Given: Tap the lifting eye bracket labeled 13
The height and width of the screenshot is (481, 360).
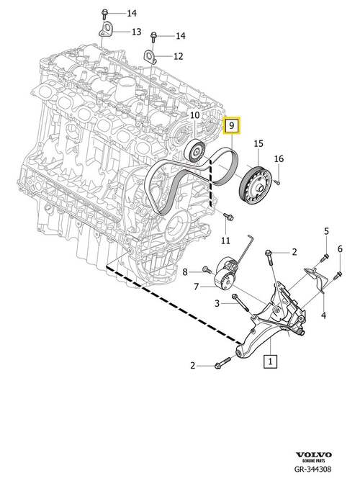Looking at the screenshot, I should [106, 30].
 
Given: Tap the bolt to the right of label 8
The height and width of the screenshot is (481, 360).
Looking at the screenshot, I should [205, 271].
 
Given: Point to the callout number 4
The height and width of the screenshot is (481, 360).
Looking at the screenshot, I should [323, 315].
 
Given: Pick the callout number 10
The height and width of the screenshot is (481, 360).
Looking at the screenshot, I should [194, 115].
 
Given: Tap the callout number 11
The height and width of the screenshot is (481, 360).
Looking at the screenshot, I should [225, 240].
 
